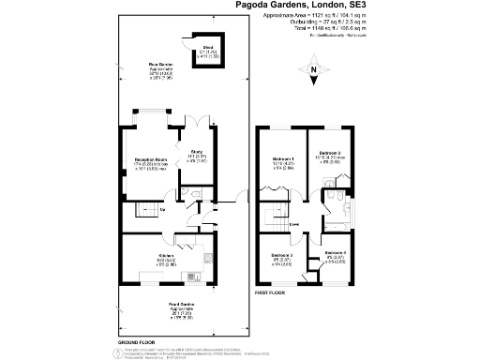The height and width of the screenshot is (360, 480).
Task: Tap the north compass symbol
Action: pos(313,67)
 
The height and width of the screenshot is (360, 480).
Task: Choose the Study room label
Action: pos(200,157)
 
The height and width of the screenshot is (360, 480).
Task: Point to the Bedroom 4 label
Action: pos(336,255)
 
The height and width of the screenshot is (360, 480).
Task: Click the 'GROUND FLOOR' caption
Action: pos(136,342)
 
